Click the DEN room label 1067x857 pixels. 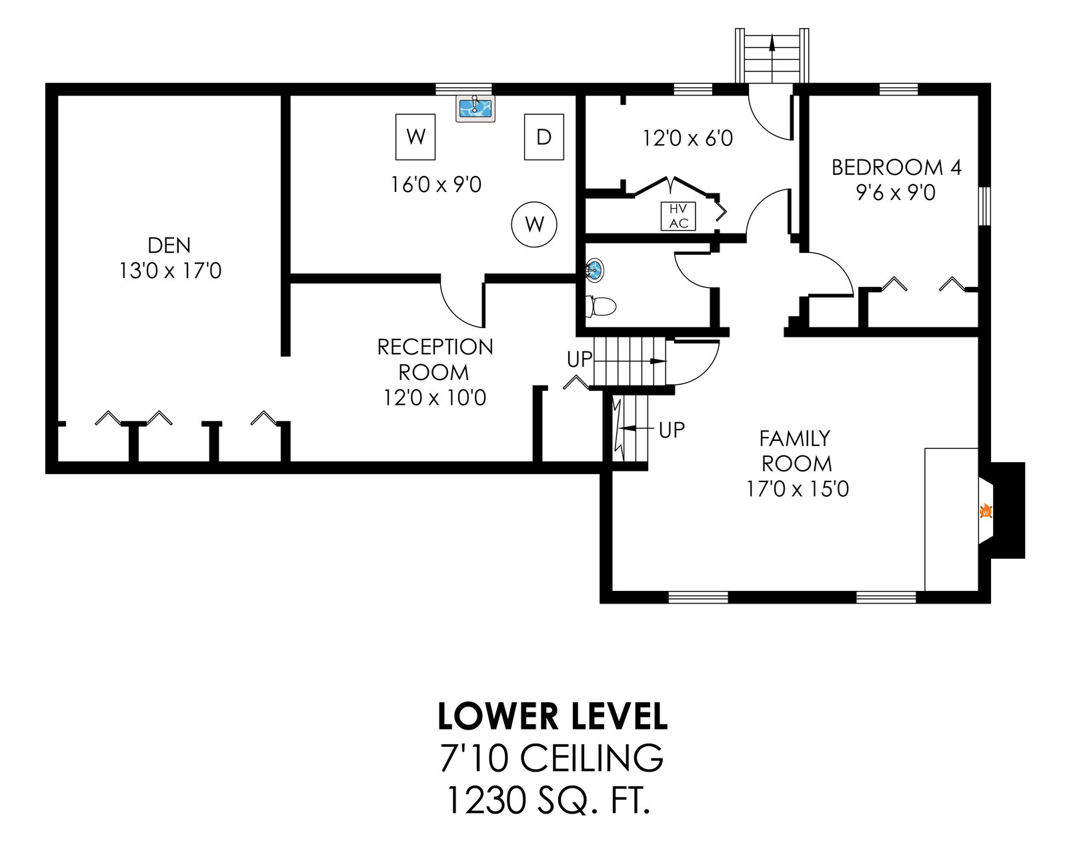click(x=169, y=245)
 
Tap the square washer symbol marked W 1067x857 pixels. click(x=415, y=137)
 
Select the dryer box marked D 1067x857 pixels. click(x=544, y=137)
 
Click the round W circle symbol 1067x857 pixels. click(x=534, y=224)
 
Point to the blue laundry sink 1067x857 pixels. click(x=475, y=109)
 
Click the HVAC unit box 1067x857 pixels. click(x=678, y=216)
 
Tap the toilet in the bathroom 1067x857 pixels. click(x=601, y=306)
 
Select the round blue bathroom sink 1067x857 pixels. click(x=594, y=270)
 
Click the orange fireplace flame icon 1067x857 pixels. click(x=985, y=512)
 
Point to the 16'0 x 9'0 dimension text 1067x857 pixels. click(x=436, y=184)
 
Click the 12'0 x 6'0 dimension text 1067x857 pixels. click(x=688, y=138)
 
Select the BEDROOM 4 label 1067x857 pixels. click(x=896, y=167)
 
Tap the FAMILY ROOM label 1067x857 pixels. click(x=796, y=451)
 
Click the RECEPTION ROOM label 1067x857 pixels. click(x=435, y=359)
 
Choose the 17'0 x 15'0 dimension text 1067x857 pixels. click(x=798, y=489)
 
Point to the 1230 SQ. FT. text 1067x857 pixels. click(x=548, y=800)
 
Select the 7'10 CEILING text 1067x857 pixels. click(x=552, y=758)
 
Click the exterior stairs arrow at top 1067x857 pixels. click(x=772, y=43)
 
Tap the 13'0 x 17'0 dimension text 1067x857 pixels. click(x=170, y=271)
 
